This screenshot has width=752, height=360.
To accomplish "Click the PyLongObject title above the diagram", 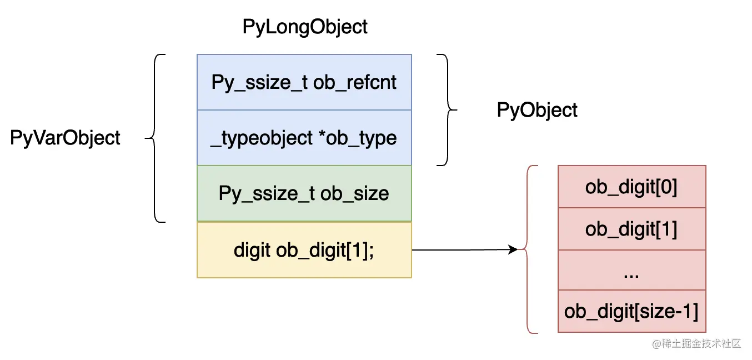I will point(305,27).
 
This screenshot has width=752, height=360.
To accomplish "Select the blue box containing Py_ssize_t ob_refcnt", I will point(304,82).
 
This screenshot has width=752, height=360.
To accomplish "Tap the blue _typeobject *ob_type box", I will point(304,138).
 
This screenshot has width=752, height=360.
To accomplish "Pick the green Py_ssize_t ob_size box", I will point(304,193).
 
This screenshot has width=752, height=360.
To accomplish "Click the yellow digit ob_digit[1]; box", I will point(304,250).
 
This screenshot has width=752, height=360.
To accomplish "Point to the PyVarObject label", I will point(65,138).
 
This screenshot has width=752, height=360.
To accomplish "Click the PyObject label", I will point(537,110).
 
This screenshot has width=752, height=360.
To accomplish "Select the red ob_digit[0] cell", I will point(631,187).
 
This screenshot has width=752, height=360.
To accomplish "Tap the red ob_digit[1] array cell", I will point(631,229).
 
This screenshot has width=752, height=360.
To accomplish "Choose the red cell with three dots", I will point(631,271).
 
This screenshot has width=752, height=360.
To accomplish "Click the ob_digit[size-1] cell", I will point(631,311).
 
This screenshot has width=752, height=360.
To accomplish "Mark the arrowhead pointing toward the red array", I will point(513,250).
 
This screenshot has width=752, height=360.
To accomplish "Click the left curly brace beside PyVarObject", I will point(156,138).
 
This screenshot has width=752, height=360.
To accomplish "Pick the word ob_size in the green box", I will point(354,193).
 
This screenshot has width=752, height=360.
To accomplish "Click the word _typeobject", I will point(262,138).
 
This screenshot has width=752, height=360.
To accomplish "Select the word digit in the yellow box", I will point(252,250).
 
